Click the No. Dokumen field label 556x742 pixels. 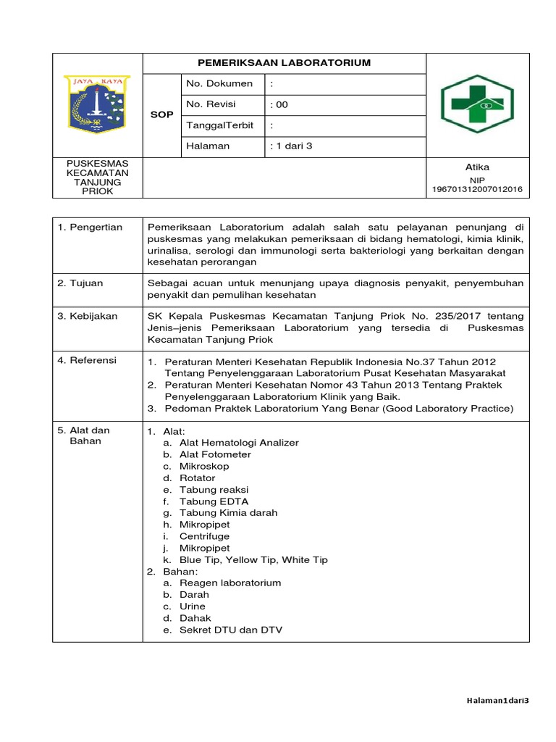tap(219, 83)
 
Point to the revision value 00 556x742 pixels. tap(279, 104)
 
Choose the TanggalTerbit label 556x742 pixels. tap(220, 125)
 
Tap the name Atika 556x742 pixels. tap(477, 167)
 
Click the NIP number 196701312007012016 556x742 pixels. tap(477, 190)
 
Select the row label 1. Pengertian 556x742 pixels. tap(90, 227)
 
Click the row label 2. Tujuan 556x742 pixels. tap(81, 283)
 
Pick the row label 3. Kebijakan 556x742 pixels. tap(88, 316)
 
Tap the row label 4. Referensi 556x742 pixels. tap(88, 360)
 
